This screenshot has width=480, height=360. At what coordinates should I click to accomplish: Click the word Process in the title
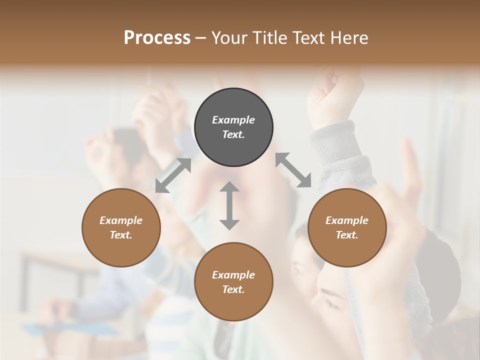[157, 38]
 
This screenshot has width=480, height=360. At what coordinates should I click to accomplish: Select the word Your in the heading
[230, 38]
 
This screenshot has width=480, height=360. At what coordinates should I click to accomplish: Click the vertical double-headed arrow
[229, 205]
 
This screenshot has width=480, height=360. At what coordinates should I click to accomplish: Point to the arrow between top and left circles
[173, 175]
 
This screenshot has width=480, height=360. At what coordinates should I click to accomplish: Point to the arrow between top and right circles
[293, 170]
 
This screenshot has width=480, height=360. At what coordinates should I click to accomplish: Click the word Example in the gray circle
[233, 120]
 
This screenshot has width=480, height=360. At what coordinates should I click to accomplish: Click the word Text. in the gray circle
[233, 134]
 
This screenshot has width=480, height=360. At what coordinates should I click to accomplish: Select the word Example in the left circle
[121, 220]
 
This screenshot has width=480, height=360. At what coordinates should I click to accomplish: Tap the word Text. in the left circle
[121, 235]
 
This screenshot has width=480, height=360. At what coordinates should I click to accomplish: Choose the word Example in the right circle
[347, 220]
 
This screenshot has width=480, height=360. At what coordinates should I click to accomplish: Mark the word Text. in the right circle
[347, 235]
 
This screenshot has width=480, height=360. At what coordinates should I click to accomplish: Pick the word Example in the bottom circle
[233, 275]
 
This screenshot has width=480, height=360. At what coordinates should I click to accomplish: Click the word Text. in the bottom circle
[233, 289]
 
